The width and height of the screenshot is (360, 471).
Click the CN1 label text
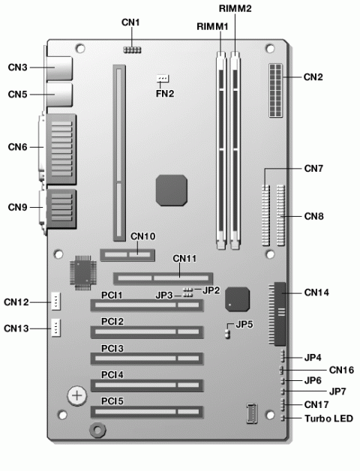(130, 22)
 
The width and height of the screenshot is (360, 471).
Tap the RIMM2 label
(235, 8)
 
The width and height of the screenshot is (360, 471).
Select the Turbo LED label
(328, 418)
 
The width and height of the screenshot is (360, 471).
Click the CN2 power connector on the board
(276, 90)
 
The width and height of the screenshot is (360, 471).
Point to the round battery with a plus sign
(77, 395)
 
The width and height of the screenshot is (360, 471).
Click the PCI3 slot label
(112, 349)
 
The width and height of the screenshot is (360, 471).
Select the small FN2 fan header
(163, 79)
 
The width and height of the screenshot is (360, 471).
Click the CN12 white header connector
(56, 301)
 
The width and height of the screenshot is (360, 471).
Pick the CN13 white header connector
(56, 328)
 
